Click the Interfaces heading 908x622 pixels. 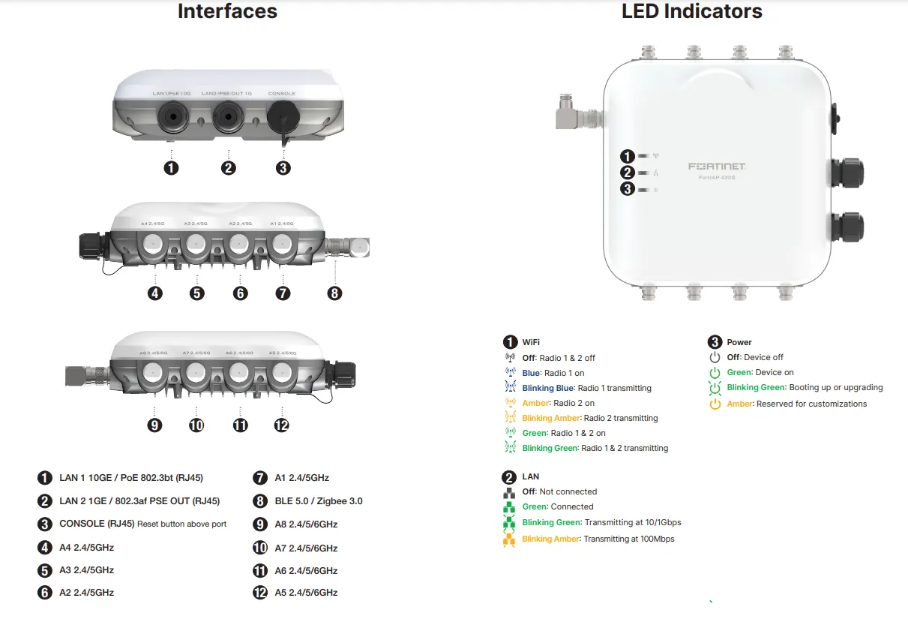coord(227,12)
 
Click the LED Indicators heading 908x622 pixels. coord(691,12)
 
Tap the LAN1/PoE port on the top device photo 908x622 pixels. coord(172,117)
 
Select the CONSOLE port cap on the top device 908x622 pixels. coord(283,118)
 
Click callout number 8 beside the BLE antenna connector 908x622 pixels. coord(334,293)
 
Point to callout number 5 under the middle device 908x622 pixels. coord(197,293)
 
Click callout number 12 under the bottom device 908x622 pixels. coord(282,425)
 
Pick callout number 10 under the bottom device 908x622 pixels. coord(196,425)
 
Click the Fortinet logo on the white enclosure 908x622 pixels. coord(717,166)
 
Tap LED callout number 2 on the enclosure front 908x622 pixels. coord(628,173)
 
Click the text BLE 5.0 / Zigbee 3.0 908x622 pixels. coord(319,500)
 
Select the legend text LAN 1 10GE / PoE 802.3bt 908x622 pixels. coord(131,478)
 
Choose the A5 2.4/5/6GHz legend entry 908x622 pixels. coord(306,592)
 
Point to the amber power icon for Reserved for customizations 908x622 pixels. coord(715,404)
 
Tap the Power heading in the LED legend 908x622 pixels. coord(739,342)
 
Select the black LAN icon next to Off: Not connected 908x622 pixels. coord(510,493)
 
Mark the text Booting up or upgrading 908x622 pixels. coord(836,388)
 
